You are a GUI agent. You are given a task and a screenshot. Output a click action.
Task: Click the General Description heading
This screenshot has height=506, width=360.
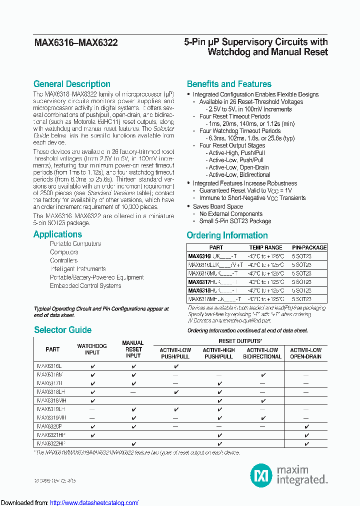[x=71, y=84]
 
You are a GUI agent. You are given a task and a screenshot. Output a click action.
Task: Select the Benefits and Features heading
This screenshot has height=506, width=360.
[x=229, y=84]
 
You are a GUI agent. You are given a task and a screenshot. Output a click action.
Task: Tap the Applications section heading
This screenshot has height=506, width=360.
[x=57, y=234]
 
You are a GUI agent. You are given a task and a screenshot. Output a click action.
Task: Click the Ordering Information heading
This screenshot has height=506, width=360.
[x=227, y=235]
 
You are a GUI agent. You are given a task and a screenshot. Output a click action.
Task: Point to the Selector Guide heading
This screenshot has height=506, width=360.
[x=62, y=330]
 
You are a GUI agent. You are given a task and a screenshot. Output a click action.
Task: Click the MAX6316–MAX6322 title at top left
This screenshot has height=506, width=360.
[x=75, y=43]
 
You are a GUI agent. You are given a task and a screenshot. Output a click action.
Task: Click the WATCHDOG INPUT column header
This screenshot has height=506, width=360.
[x=91, y=349]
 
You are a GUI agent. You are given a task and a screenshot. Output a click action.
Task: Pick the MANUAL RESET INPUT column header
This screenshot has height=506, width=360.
[x=133, y=349]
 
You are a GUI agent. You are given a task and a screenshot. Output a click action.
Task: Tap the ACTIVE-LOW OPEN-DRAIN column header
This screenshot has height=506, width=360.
[x=306, y=353]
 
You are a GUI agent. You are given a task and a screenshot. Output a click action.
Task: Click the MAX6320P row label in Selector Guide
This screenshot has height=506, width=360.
[x=49, y=426]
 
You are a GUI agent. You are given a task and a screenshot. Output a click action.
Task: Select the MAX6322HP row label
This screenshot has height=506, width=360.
[x=51, y=443]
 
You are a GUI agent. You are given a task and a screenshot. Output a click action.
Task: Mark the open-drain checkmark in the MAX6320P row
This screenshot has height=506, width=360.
[x=306, y=426]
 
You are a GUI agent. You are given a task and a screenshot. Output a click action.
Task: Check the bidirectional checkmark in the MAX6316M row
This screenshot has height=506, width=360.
[x=263, y=374]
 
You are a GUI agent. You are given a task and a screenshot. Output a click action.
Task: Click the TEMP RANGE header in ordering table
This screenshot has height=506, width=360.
[x=265, y=247]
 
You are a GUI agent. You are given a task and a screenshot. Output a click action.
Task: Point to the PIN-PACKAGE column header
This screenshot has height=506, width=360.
[x=309, y=247]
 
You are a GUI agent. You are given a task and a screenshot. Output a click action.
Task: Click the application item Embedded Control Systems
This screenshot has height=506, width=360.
[x=85, y=286]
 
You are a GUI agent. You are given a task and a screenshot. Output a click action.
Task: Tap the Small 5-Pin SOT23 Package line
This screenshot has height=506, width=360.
[x=235, y=221]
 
